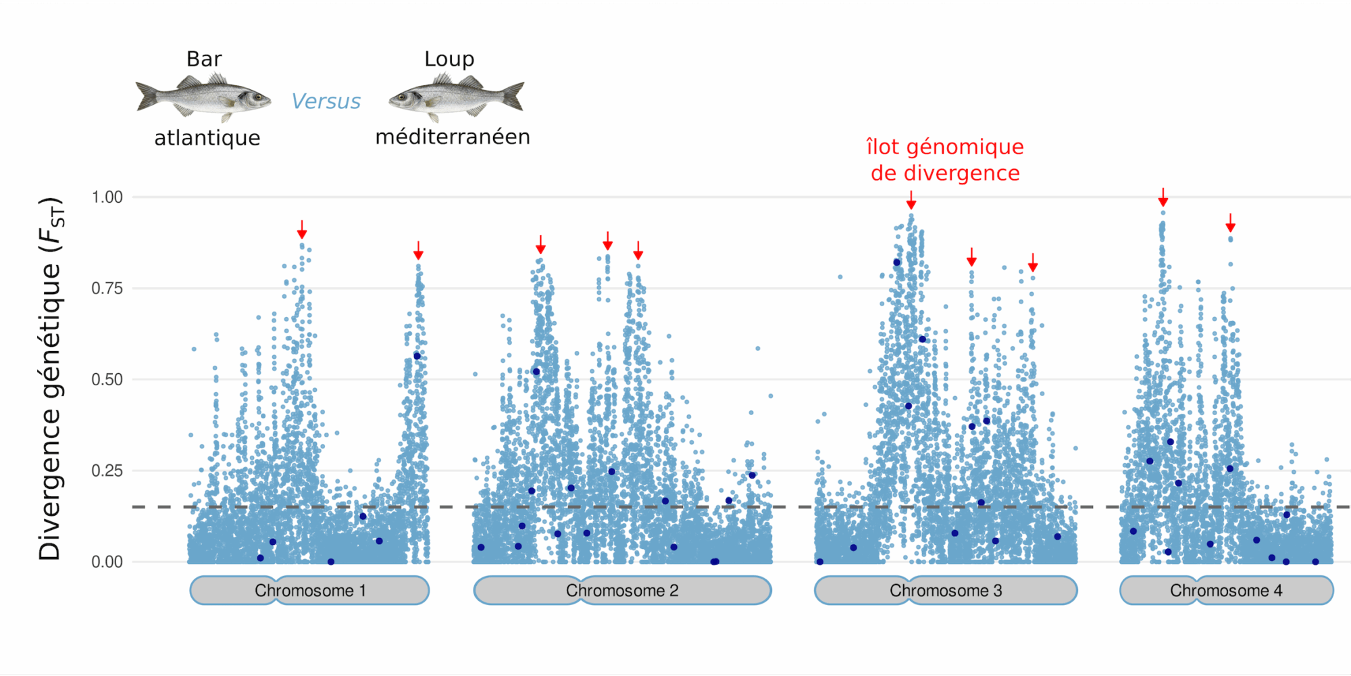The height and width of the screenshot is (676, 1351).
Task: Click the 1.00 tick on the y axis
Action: (x=107, y=197)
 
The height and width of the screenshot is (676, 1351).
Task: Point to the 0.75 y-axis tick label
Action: (x=107, y=289)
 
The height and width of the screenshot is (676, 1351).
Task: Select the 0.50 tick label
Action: (x=107, y=379)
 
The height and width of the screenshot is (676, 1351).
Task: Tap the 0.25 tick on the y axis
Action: (x=107, y=470)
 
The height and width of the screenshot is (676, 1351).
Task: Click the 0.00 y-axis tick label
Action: (x=107, y=562)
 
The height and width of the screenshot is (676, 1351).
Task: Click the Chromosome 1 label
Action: (x=310, y=591)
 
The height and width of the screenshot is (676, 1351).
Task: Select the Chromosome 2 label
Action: (x=622, y=591)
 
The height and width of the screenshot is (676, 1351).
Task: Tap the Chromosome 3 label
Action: (x=946, y=591)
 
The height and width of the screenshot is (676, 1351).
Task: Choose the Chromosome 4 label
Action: (x=1226, y=591)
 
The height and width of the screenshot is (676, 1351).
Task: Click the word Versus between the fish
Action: (x=326, y=101)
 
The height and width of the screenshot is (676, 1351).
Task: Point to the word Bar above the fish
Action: (x=204, y=59)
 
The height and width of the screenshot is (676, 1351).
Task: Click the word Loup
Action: (x=449, y=59)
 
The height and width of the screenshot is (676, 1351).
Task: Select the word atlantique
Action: (x=207, y=138)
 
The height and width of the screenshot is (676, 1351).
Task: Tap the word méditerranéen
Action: (x=453, y=137)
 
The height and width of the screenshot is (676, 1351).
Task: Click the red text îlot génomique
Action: (x=945, y=147)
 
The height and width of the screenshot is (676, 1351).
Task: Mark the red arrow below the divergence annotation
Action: (x=911, y=200)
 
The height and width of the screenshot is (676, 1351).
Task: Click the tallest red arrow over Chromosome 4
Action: (x=1163, y=197)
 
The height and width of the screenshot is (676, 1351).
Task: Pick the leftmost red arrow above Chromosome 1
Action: (x=302, y=229)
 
